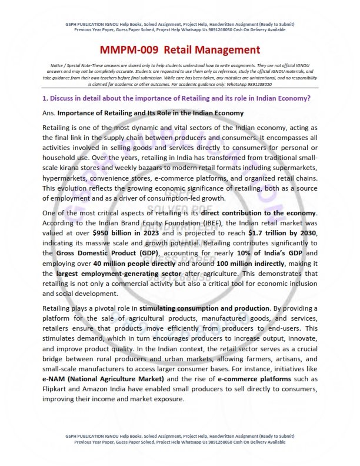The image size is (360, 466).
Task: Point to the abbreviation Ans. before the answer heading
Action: (49, 112)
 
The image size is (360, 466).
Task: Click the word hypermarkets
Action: (67, 172)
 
